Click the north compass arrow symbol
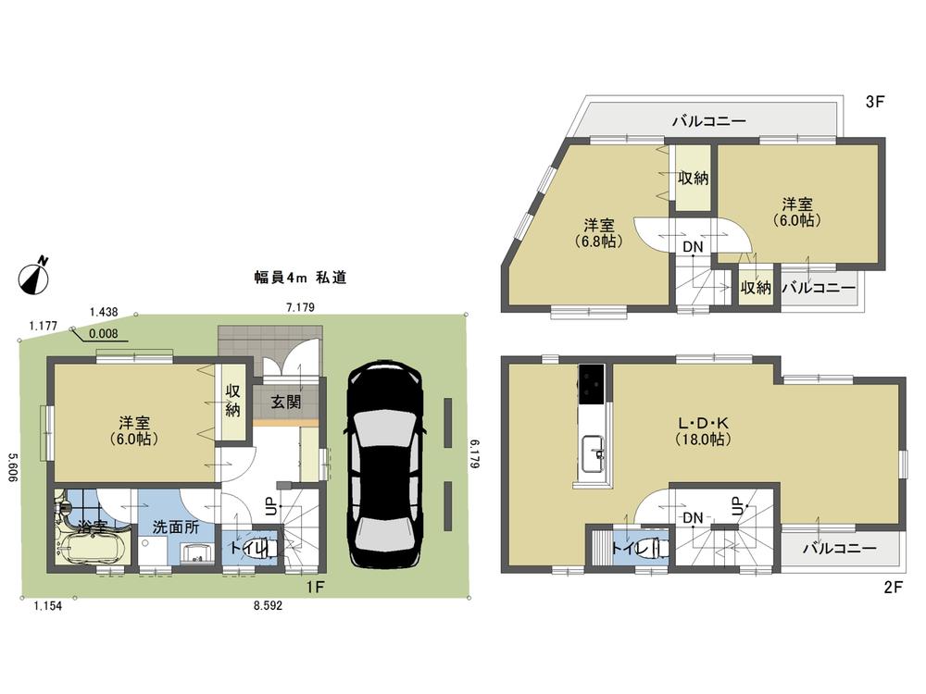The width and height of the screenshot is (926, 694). click(34, 275)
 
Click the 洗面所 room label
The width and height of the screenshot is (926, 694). click(177, 528)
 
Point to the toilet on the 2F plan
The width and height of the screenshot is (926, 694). click(654, 546)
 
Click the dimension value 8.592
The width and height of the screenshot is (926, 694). click(269, 606)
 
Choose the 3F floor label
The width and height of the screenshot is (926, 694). click(875, 103)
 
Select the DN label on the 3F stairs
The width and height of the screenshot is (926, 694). click(692, 247)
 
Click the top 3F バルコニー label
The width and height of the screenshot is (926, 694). click(708, 121)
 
